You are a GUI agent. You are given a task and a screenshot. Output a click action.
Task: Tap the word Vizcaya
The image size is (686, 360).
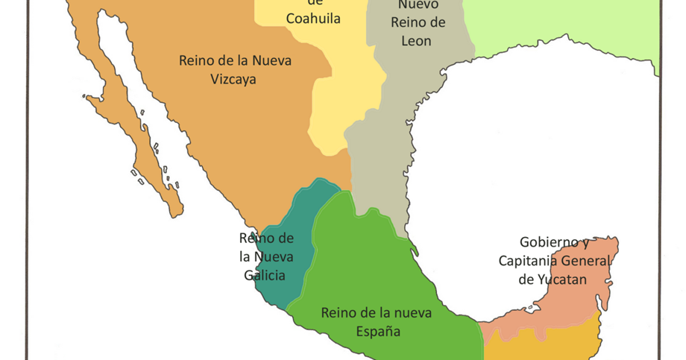click(x=233, y=78)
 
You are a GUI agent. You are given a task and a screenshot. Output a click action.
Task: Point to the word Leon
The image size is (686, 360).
click(x=416, y=41)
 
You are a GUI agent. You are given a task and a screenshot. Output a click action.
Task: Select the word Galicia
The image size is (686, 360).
click(x=265, y=275)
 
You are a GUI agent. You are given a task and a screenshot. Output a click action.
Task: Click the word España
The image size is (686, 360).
click(x=377, y=331)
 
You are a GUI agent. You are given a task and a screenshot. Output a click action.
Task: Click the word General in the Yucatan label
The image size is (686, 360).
click(x=588, y=261)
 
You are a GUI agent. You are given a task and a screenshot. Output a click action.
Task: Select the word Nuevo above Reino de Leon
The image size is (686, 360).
click(x=423, y=5)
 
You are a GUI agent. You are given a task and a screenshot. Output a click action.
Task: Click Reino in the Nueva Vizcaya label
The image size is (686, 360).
click(x=198, y=60)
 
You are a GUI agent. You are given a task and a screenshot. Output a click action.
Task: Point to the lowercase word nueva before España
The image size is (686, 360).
click(x=411, y=312)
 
